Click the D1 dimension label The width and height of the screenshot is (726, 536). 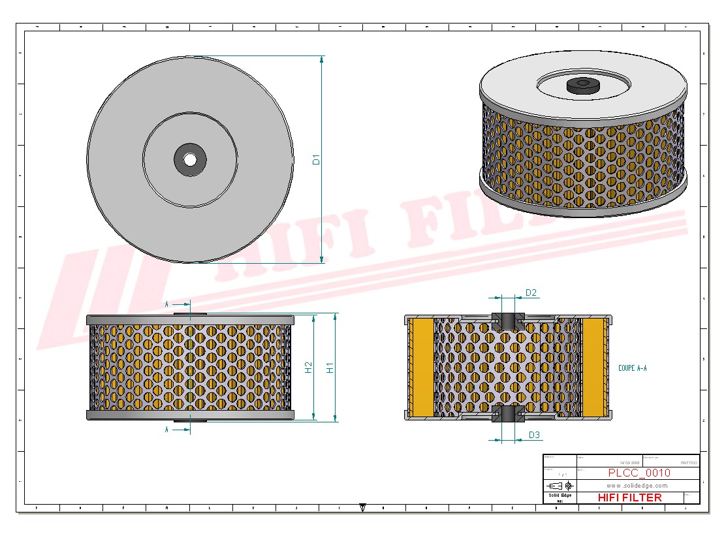316,159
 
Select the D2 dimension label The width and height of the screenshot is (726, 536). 531,293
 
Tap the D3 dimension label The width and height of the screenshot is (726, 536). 534,435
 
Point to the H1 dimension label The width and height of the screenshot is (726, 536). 330,368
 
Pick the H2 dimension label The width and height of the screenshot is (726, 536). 309,368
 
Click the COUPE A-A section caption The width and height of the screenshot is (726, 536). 632,368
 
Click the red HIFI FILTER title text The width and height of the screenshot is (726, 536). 629,497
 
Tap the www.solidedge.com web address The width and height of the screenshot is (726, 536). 637,486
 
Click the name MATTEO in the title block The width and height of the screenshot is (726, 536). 688,462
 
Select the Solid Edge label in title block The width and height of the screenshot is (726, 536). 560,496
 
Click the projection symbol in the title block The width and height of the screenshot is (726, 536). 560,486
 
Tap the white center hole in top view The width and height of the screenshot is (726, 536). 189,159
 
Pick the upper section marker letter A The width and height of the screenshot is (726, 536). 167,304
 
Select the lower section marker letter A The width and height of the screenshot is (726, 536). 167,430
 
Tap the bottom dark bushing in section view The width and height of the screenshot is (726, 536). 507,413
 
